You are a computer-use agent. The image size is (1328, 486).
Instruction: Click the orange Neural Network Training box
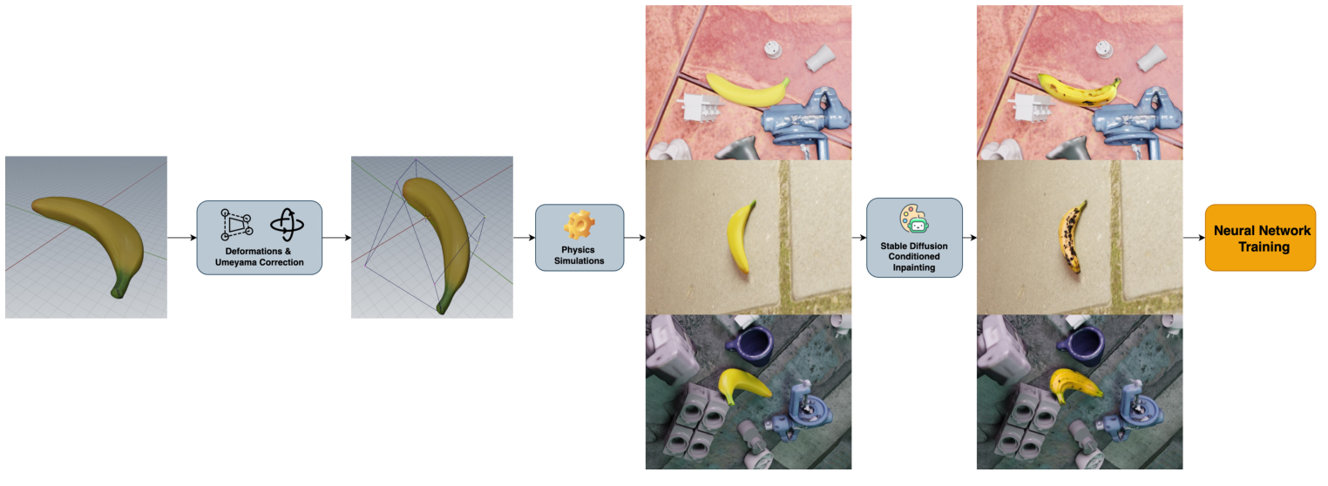pyautogui.click(x=1260, y=238)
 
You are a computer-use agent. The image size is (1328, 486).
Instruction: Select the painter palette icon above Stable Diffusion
pyautogui.click(x=914, y=219)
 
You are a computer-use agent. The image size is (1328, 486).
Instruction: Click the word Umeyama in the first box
pyautogui.click(x=236, y=262)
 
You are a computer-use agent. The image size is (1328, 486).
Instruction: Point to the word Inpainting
pyautogui.click(x=914, y=268)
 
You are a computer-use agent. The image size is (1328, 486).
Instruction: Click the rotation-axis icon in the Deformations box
pyautogui.click(x=287, y=224)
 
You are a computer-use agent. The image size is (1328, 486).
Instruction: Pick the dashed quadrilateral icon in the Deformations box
pyautogui.click(x=236, y=224)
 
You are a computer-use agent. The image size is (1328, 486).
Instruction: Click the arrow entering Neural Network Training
pyautogui.click(x=1194, y=238)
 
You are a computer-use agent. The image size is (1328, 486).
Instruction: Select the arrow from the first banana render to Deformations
pyautogui.click(x=182, y=238)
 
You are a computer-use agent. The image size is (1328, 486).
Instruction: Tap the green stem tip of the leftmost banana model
pyautogui.click(x=118, y=292)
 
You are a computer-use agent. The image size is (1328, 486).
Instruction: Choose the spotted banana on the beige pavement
pyautogui.click(x=1072, y=237)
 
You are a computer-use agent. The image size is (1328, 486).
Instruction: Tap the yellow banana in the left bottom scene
pyautogui.click(x=742, y=385)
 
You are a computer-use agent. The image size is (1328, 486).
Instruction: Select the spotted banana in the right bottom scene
pyautogui.click(x=1074, y=385)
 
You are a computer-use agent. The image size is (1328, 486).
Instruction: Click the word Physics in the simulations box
pyautogui.click(x=578, y=250)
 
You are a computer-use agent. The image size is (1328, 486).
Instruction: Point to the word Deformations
pyautogui.click(x=254, y=252)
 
